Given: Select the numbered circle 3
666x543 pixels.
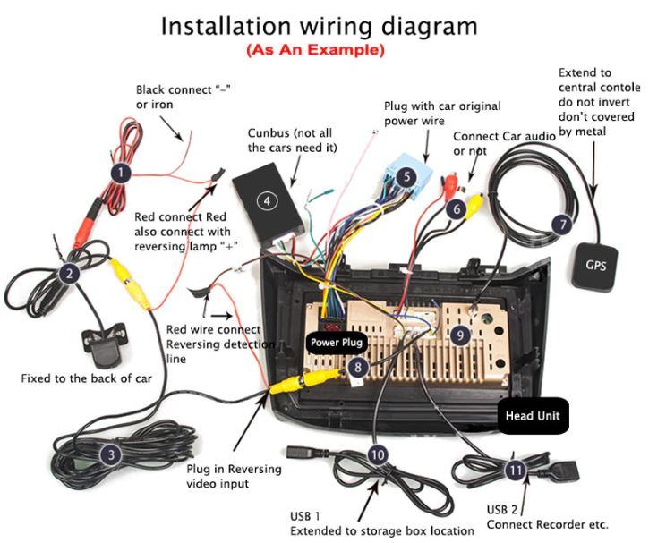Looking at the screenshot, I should pyautogui.click(x=110, y=455).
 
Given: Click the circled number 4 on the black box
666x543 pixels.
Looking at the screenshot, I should pyautogui.click(x=267, y=200).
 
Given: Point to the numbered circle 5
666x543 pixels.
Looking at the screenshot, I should pyautogui.click(x=406, y=176).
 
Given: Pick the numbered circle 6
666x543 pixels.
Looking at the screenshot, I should pyautogui.click(x=457, y=209).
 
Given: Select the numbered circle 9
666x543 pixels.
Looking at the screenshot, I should pyautogui.click(x=460, y=335).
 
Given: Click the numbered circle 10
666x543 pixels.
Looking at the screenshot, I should pyautogui.click(x=377, y=454).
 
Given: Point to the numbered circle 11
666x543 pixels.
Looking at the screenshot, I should pyautogui.click(x=514, y=469).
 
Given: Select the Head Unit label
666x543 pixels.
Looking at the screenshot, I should pyautogui.click(x=533, y=416).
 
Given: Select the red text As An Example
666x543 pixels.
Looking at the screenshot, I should pyautogui.click(x=315, y=49).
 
